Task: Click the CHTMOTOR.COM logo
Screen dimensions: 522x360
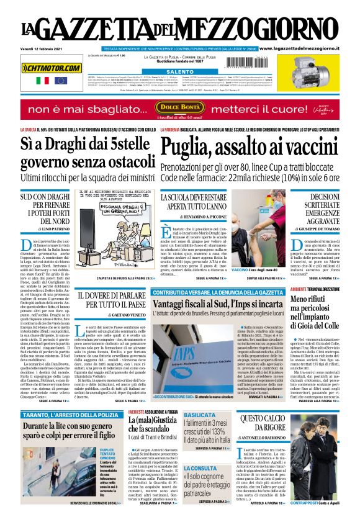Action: coord(52,68)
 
